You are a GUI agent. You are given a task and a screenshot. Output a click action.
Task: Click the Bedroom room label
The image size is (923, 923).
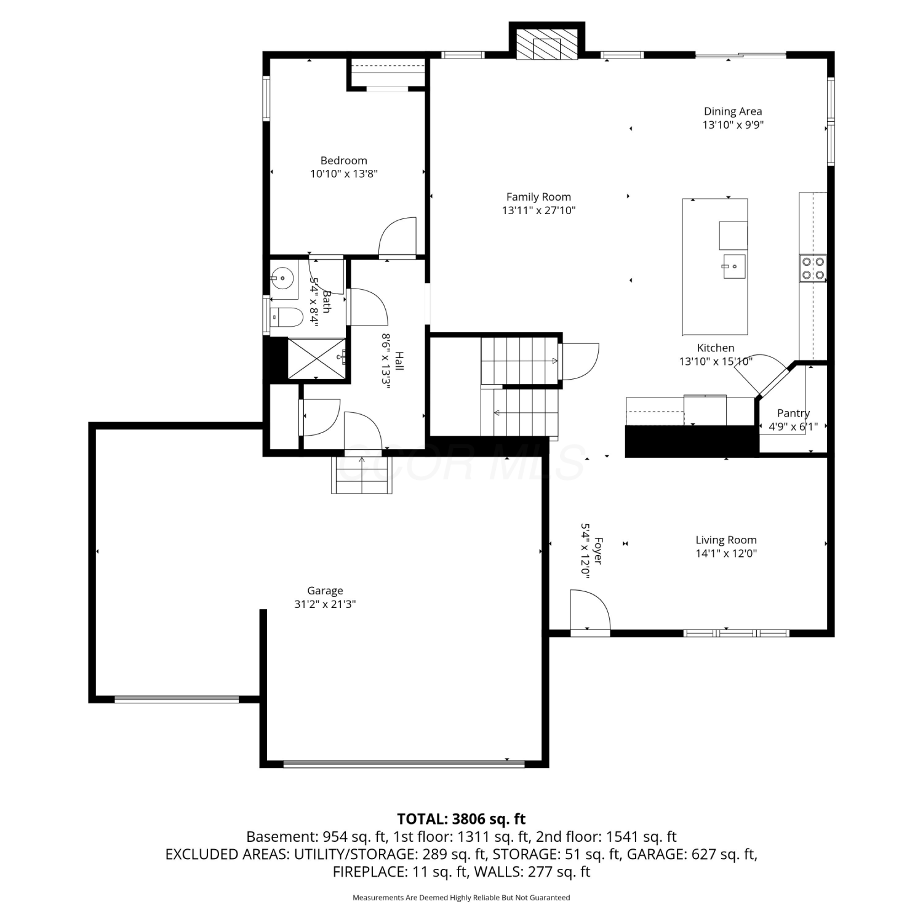point(343,161)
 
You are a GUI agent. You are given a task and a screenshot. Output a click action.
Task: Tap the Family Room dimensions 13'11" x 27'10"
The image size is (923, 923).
point(538,210)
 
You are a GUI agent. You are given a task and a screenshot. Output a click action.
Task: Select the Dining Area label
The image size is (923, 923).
point(733,111)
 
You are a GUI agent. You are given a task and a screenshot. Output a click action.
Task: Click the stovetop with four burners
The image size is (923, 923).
point(813,268)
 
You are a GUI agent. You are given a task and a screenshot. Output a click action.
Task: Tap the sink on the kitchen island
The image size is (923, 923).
point(734,266)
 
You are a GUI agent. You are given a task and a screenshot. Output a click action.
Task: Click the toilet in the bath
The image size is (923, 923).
point(287,318)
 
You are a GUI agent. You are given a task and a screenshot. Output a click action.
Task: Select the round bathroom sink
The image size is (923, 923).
point(282,279)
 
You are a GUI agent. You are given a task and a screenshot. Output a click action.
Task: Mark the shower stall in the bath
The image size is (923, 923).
point(317,358)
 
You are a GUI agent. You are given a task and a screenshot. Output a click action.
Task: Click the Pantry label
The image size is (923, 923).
point(793,414)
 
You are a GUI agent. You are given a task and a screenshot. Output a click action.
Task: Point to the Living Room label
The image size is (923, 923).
point(726,540)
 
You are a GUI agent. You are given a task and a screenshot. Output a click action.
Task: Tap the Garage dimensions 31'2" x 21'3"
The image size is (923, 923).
point(325,604)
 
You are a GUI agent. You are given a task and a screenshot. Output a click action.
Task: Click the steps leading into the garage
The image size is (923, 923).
point(362,475)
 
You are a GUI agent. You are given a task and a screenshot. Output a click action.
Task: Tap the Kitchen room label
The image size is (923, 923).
point(716,348)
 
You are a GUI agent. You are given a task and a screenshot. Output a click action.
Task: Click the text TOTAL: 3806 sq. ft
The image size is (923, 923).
point(461,819)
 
